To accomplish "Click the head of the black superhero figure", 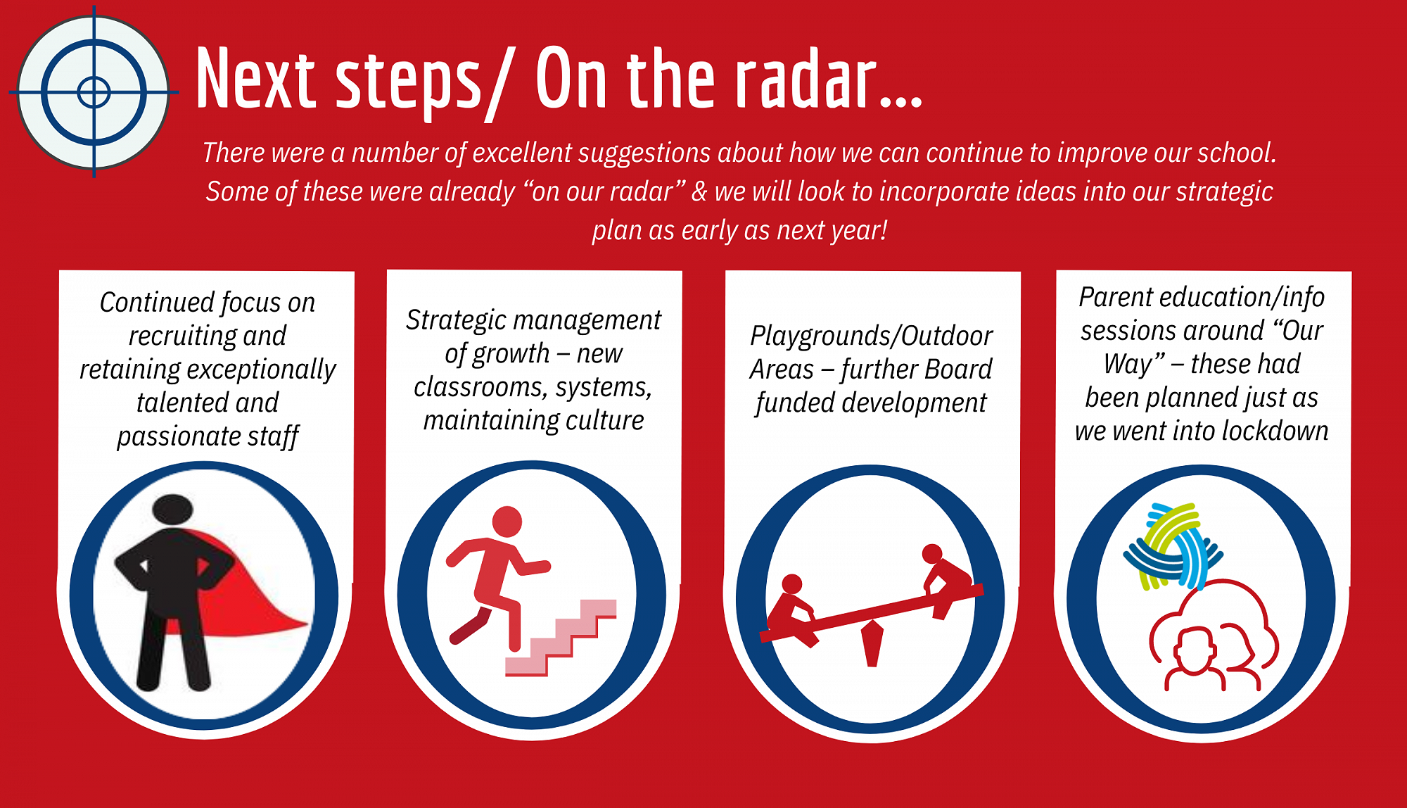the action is [172, 509].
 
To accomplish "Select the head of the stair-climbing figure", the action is [507, 522].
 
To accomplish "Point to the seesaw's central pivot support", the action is [872, 643].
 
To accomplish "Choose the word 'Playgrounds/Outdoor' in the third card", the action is [872, 336].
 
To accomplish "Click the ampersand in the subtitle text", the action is [699, 191].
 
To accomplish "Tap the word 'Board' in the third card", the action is [958, 369].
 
